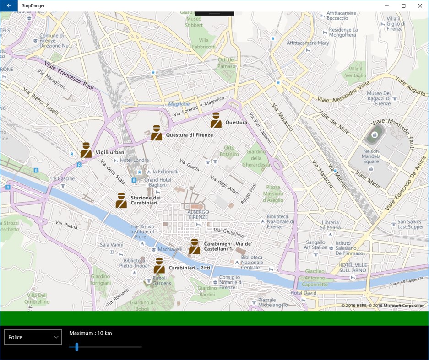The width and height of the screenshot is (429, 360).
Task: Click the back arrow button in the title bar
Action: coord(9,5)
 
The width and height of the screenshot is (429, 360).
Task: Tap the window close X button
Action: coord(420,5)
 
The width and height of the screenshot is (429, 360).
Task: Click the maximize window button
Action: coord(403,5)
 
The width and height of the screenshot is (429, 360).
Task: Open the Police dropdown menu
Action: coord(33,337)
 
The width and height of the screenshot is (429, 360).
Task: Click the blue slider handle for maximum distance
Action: coord(77,347)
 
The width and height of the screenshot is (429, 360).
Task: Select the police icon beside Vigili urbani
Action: coord(86,150)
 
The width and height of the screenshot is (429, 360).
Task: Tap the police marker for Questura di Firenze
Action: coord(157,133)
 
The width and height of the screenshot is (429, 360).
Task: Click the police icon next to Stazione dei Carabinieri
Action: coord(121,200)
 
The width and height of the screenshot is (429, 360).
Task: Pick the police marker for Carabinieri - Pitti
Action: coord(159,266)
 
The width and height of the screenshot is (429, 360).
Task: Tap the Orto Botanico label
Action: coord(229,151)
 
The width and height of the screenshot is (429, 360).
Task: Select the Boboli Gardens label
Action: coord(162,280)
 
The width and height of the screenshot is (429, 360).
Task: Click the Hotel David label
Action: coord(303,293)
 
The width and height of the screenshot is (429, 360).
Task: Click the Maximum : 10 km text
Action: coord(91,333)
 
